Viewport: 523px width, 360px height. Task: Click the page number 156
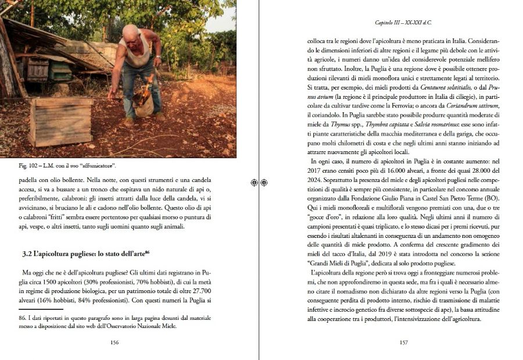[x=114, y=343]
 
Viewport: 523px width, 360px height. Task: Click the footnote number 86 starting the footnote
[x=24, y=319]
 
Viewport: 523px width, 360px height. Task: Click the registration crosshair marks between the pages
[x=259, y=183]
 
